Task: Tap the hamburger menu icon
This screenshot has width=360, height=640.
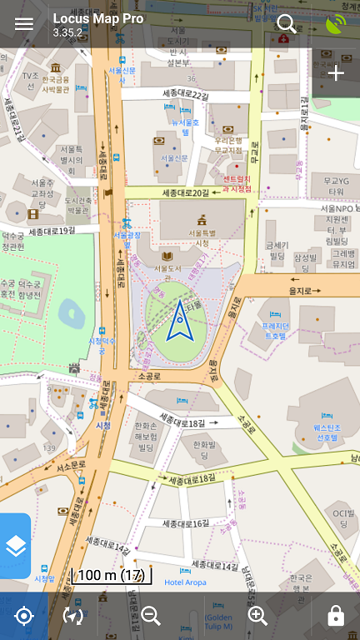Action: tap(24, 23)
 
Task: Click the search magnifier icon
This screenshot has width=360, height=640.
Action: tap(287, 23)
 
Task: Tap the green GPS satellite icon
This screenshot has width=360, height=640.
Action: tap(336, 23)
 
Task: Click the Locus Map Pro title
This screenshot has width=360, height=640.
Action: tap(97, 18)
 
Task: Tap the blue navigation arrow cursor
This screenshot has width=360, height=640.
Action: tap(179, 321)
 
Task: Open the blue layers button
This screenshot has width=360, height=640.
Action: tap(15, 546)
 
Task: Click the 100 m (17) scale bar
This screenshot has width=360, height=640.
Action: tap(112, 575)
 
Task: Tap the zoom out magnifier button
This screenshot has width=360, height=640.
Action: tap(151, 616)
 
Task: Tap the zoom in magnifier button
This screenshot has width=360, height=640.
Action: tap(257, 616)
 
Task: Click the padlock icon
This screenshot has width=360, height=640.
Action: tap(336, 616)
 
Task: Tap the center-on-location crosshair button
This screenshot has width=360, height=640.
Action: tap(23, 616)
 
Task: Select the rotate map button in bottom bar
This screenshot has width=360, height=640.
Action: tap(73, 616)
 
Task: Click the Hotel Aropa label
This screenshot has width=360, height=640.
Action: tap(185, 582)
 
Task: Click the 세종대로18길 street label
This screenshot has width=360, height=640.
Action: tap(182, 423)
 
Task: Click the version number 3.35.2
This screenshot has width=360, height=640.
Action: tap(67, 32)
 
